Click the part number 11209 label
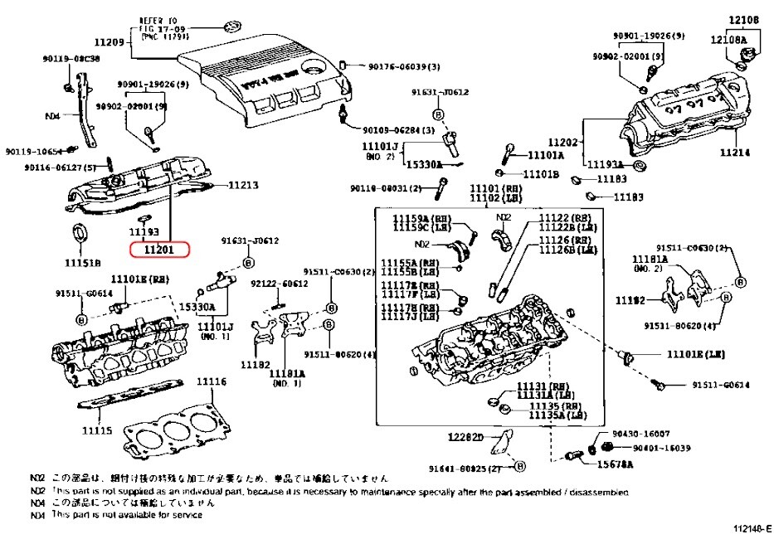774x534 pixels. (x=109, y=42)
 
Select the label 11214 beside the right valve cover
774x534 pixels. (x=733, y=153)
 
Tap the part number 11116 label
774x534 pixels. (x=211, y=381)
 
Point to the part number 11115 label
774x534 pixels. (x=96, y=431)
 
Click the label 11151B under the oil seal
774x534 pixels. (x=83, y=262)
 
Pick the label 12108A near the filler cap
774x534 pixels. (x=728, y=39)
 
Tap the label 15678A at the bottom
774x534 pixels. (x=613, y=464)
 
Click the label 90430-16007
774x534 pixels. (x=640, y=434)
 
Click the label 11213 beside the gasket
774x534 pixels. (x=244, y=184)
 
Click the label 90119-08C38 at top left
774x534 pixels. (x=71, y=59)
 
